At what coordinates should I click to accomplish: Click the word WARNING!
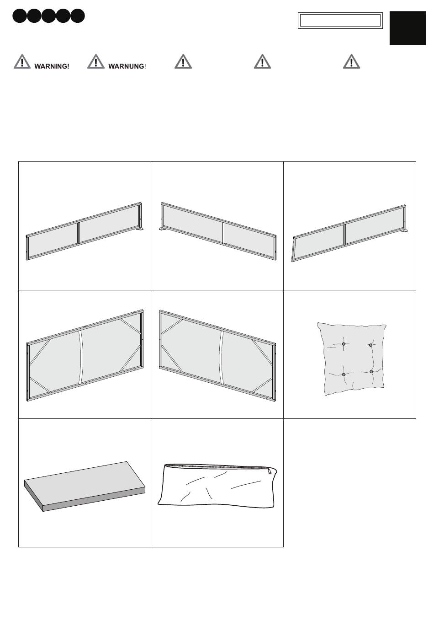click(x=52, y=66)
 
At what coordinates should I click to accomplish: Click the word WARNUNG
click(x=126, y=66)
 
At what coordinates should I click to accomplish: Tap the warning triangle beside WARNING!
click(x=22, y=61)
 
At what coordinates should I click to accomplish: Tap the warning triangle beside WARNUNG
click(x=96, y=61)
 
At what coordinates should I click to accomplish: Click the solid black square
click(x=408, y=28)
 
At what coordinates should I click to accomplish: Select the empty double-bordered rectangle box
click(x=340, y=21)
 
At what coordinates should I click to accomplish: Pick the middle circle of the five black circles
click(x=48, y=16)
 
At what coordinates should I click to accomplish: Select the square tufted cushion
click(x=352, y=359)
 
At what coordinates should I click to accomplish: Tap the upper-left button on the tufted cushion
click(x=344, y=344)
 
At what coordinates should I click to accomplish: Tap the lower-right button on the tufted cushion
click(x=371, y=371)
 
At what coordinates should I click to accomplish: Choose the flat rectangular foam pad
click(x=85, y=486)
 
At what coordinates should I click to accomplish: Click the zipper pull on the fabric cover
click(x=270, y=471)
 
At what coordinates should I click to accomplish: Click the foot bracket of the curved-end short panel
click(x=404, y=232)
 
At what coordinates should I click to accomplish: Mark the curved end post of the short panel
click(x=293, y=250)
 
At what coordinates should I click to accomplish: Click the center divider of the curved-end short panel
click(x=345, y=234)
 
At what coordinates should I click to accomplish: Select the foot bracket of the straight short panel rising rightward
click(x=139, y=229)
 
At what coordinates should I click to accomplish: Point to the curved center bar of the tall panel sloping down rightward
click(x=222, y=358)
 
